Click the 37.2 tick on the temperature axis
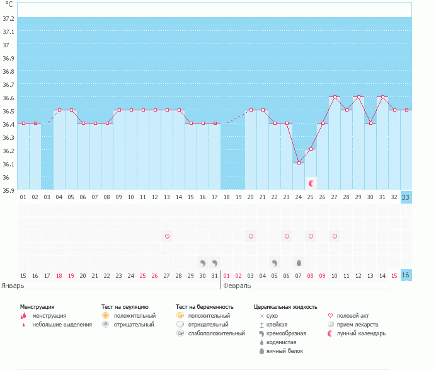click(x=9, y=18)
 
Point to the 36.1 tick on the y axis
click(x=9, y=164)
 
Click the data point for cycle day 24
click(x=299, y=163)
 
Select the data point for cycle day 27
click(x=335, y=97)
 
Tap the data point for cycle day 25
click(x=311, y=149)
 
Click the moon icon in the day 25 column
click(x=311, y=183)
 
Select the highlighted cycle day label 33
click(x=406, y=197)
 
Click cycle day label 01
click(x=23, y=197)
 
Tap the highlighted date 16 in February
click(x=406, y=275)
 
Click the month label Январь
click(x=13, y=285)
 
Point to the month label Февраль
click(x=237, y=285)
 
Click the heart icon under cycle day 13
click(x=167, y=236)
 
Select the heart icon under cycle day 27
click(x=335, y=236)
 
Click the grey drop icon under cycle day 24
click(x=299, y=263)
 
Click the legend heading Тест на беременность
click(x=205, y=307)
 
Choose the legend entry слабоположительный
click(x=216, y=333)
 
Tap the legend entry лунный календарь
click(x=361, y=333)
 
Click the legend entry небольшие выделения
click(x=62, y=325)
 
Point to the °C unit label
click(x=9, y=4)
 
